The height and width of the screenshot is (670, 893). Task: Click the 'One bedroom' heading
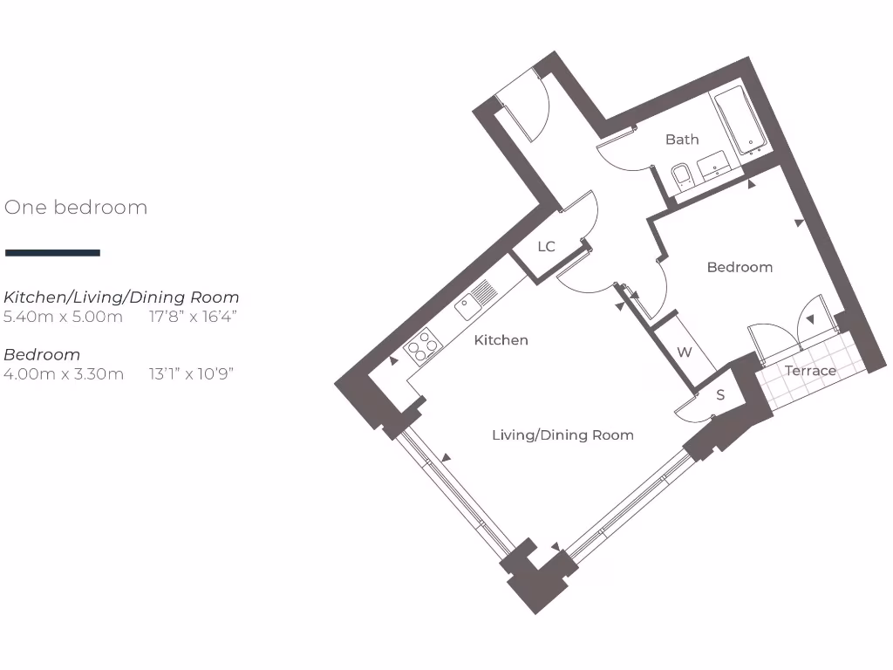76,208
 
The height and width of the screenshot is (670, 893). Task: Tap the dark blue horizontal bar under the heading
52,253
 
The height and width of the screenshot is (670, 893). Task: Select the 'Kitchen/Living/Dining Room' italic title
121,297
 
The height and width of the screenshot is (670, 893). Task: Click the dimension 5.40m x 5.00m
64,317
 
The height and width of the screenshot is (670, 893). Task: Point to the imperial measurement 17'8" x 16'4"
193,317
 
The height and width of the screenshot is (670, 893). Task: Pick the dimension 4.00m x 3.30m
64,374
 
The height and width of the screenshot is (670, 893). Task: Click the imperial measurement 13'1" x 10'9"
191,374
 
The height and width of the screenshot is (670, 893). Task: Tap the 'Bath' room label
682,140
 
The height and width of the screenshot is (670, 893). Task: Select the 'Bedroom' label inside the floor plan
740,267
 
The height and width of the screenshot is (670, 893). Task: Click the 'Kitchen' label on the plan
501,340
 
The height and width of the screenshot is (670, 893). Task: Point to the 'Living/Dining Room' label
562,434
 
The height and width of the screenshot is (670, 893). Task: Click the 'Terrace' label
810,371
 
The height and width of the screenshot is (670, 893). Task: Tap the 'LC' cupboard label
546,247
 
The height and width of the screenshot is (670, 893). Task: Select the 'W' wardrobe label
685,352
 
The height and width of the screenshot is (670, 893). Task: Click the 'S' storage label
720,395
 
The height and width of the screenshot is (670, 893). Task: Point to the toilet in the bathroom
682,175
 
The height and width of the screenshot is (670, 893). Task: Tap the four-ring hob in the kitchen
422,346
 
